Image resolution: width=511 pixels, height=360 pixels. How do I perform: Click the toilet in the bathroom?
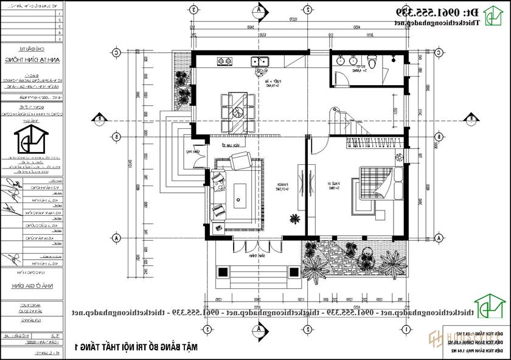click(373, 61)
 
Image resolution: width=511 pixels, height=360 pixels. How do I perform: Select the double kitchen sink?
click(262, 61)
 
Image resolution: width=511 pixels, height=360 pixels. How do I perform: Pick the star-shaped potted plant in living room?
click(295, 218)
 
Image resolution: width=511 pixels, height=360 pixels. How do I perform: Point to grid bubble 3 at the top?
click(193, 10)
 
